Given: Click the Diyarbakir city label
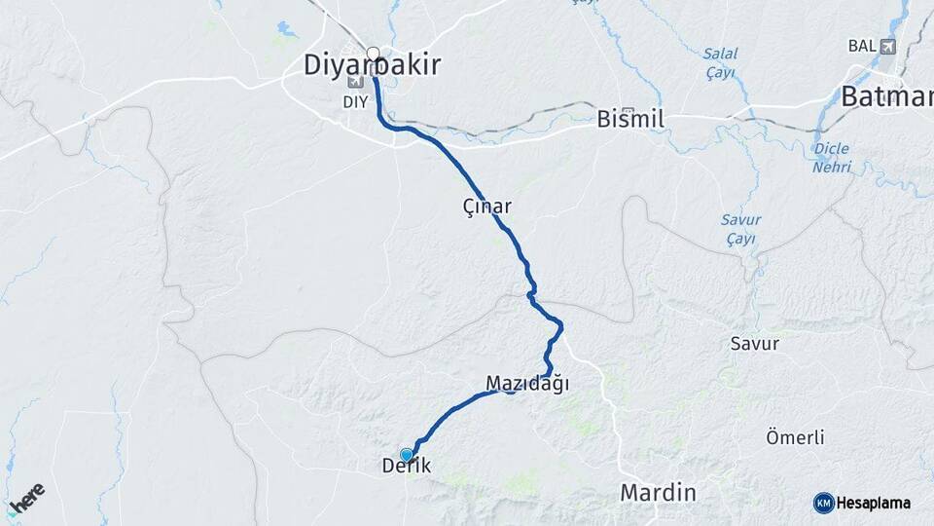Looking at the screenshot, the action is (x=373, y=66).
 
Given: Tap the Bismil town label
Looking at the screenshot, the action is (x=629, y=119).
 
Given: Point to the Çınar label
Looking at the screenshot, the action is (x=487, y=207).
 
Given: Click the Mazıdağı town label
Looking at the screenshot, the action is (x=526, y=384).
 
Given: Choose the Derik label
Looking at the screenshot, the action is (x=407, y=467).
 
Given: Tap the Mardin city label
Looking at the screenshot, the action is (x=658, y=493).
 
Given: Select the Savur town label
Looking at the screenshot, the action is (x=754, y=343).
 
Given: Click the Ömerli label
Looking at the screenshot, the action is (x=795, y=437).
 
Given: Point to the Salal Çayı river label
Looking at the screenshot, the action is (x=720, y=63).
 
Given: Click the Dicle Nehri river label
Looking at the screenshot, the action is (x=831, y=158).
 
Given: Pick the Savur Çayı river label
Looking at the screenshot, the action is (x=740, y=229).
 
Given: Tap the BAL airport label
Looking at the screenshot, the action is (x=862, y=46).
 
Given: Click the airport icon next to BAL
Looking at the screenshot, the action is (x=887, y=46).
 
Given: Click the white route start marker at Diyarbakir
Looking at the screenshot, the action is (x=373, y=54).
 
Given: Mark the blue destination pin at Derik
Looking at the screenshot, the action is (x=406, y=454).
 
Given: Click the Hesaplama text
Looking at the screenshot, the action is (x=875, y=503).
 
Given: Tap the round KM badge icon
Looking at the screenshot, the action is (x=823, y=503).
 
